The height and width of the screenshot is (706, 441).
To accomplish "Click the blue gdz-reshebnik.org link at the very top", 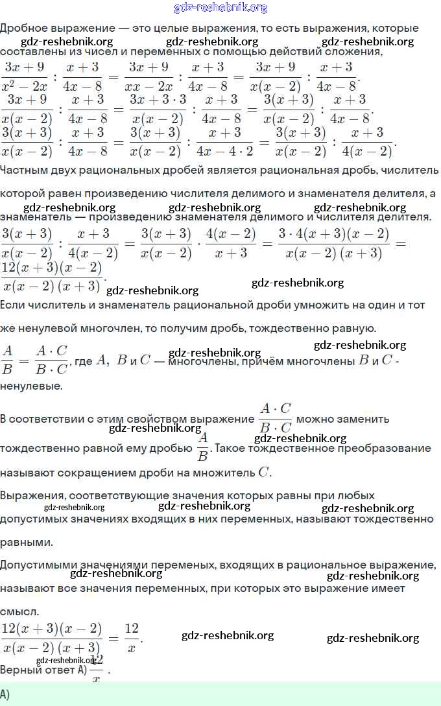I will click(x=220, y=8).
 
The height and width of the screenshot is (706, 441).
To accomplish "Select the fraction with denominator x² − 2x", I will click(x=26, y=76).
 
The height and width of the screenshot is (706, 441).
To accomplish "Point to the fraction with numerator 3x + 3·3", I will click(x=158, y=108).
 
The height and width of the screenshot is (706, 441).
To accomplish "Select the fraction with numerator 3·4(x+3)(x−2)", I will click(x=333, y=243).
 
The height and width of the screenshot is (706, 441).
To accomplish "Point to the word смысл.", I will click(x=19, y=611).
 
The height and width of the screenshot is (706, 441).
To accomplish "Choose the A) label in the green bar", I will click(x=5, y=694).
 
